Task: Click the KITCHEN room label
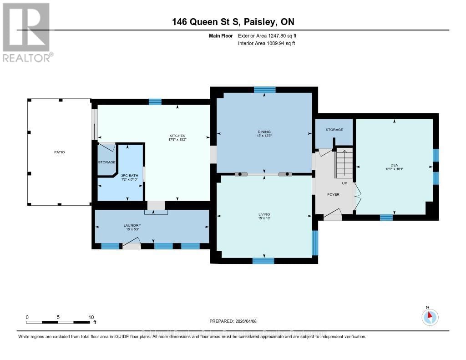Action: click(x=177, y=136)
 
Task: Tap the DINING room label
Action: click(x=264, y=132)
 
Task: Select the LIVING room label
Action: click(x=264, y=214)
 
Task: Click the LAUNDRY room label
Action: click(x=132, y=225)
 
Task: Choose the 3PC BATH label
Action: click(x=129, y=175)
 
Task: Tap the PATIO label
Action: click(x=60, y=152)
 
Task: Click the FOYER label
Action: click(x=333, y=194)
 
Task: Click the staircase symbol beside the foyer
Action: click(x=344, y=164)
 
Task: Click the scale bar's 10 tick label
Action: click(x=91, y=317)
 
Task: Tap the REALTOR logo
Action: click(x=27, y=32)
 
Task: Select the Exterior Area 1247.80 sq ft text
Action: click(x=267, y=35)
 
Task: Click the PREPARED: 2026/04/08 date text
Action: click(x=233, y=321)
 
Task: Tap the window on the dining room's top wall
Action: click(x=264, y=90)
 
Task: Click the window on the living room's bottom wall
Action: click(x=263, y=261)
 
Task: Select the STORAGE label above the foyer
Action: click(x=334, y=130)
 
